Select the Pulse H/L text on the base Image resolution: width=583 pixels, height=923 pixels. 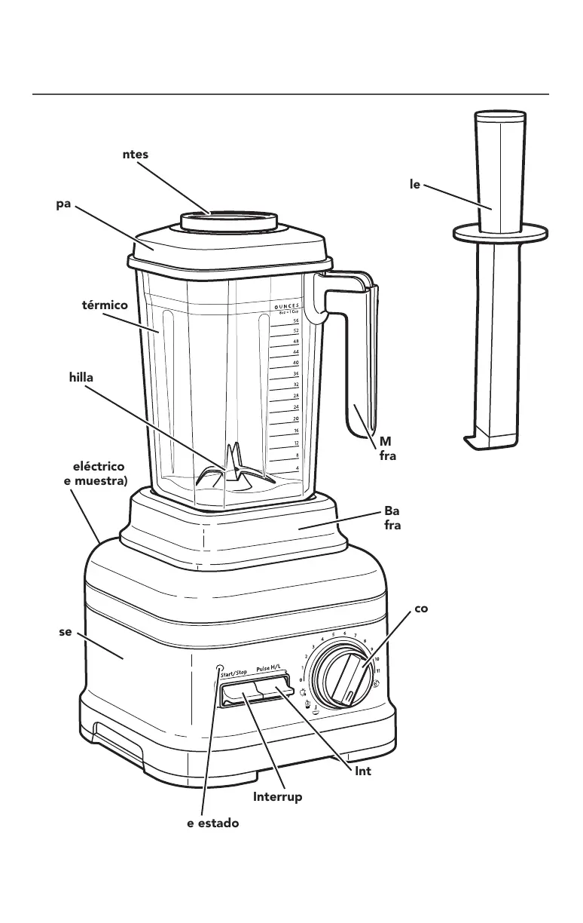click(x=272, y=669)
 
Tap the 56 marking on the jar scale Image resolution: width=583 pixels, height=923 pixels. click(x=296, y=320)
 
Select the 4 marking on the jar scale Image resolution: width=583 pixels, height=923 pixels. click(x=298, y=468)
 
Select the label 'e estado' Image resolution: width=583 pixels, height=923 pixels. click(x=212, y=823)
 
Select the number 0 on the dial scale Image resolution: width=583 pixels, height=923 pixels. click(x=301, y=679)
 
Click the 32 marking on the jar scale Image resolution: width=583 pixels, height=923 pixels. click(x=296, y=384)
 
